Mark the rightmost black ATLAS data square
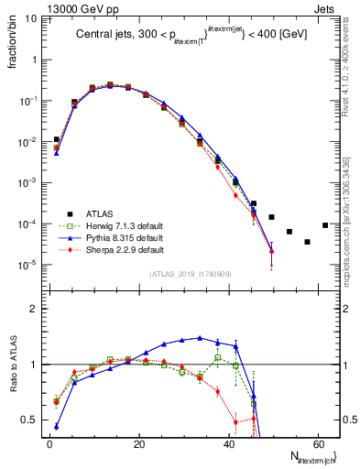click(325, 225)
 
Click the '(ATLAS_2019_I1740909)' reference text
click(190, 274)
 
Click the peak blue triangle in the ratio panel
click(200, 337)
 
